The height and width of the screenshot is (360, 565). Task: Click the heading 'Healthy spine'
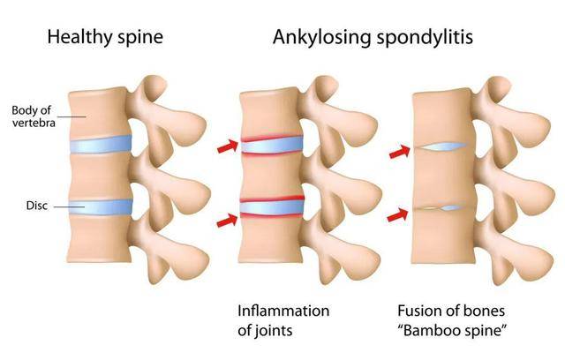tap(105, 38)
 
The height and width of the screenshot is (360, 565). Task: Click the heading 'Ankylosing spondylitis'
tap(373, 38)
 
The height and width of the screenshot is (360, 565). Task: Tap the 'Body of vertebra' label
tap(34, 116)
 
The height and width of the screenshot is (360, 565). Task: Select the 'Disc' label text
tap(37, 206)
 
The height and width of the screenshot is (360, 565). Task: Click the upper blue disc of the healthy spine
tap(100, 145)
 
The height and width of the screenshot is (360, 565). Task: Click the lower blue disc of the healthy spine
tap(101, 207)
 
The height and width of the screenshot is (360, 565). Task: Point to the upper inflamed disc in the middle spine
tap(272, 145)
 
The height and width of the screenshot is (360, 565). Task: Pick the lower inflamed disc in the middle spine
tap(272, 207)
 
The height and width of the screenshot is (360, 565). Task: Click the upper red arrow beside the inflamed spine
tap(228, 146)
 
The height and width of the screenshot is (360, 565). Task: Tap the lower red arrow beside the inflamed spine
tap(228, 221)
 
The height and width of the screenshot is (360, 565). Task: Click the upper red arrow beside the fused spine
tap(400, 152)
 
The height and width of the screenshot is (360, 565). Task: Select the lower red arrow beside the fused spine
tap(397, 214)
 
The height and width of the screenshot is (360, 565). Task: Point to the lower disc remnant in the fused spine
tap(441, 207)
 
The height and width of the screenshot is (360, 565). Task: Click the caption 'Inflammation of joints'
tap(283, 320)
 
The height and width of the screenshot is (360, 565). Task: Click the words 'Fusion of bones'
tap(451, 311)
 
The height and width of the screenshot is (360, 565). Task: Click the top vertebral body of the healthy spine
tap(98, 114)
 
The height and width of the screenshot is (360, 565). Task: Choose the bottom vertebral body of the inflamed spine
tap(270, 239)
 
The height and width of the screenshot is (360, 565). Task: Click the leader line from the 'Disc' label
tap(69, 206)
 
